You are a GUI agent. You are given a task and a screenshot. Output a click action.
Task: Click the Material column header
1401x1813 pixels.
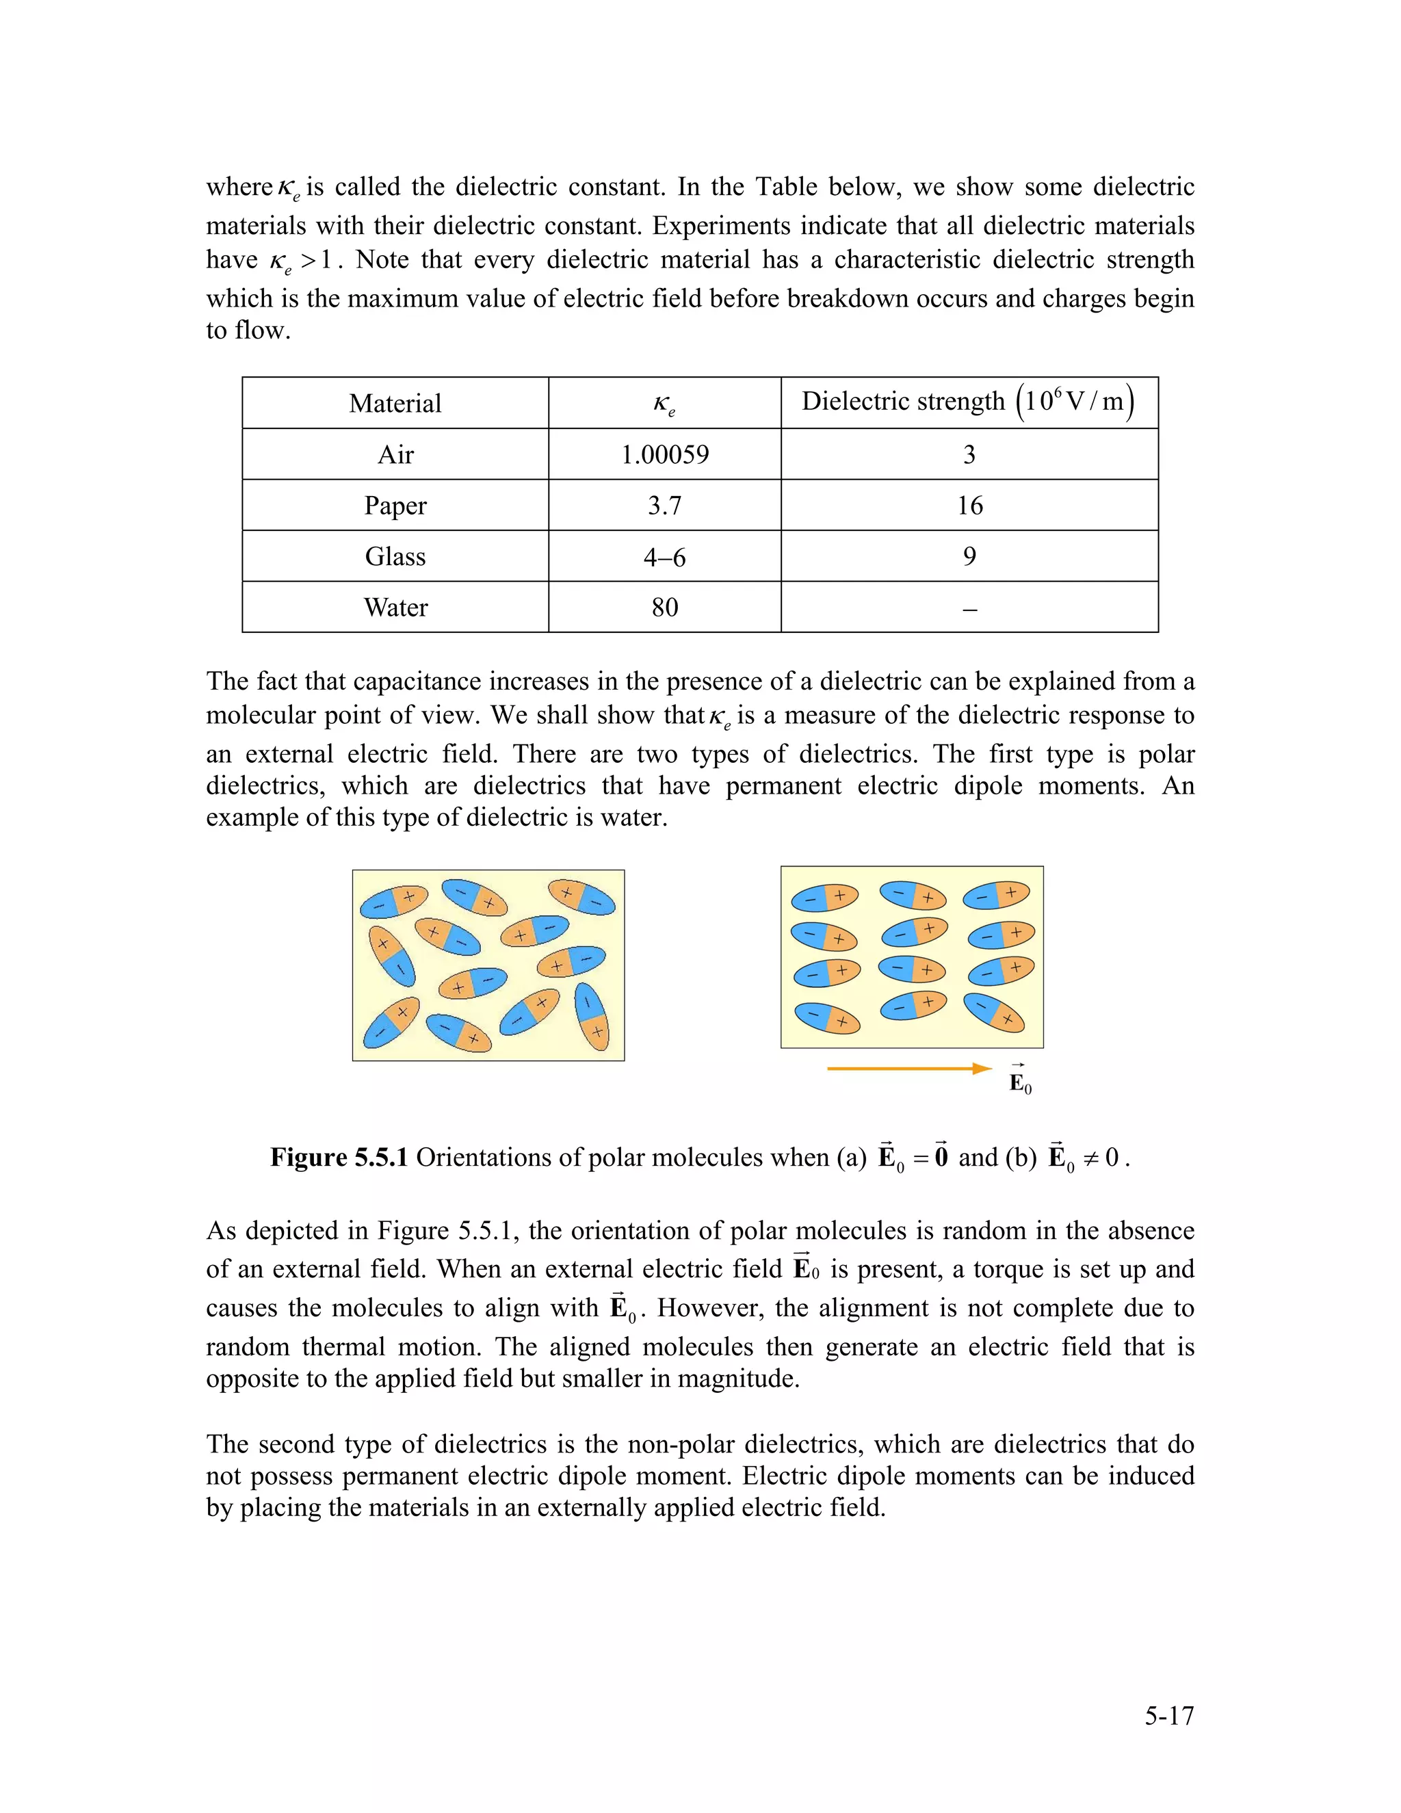395,404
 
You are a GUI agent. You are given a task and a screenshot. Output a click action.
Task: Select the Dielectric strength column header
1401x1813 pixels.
969,402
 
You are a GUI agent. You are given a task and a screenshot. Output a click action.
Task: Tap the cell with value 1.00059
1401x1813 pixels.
665,455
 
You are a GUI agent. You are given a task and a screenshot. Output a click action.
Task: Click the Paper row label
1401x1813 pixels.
395,506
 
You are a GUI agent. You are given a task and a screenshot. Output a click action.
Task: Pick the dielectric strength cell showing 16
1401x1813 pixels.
969,506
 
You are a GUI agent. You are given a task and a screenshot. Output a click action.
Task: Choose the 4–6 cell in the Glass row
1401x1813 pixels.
665,557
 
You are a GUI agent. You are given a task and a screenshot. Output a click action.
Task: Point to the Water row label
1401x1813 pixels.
395,608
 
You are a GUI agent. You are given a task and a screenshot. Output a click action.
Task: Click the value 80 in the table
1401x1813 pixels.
665,608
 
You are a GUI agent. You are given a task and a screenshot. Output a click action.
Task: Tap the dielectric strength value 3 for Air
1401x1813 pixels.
969,455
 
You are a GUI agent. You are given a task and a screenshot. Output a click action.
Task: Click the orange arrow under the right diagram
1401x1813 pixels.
909,1069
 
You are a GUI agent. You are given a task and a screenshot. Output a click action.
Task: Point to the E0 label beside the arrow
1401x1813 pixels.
1019,1082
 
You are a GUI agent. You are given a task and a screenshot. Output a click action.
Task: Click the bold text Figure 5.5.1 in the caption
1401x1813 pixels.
339,1158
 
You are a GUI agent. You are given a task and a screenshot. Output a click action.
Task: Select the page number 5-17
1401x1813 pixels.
1168,1716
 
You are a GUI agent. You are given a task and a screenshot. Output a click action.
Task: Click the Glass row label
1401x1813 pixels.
395,557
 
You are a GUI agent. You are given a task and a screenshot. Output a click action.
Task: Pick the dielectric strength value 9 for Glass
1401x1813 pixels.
969,557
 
